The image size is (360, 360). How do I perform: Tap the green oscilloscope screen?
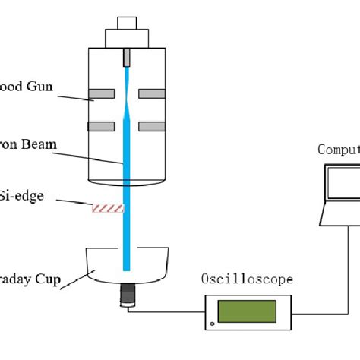247,311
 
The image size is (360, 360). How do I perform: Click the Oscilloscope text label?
247,279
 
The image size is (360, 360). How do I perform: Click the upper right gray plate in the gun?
150,95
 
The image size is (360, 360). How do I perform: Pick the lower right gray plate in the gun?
150,125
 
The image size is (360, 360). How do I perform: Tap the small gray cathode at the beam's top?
126,57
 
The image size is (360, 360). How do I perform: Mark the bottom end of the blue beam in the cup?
126,267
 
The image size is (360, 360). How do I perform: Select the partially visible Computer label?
338,150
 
